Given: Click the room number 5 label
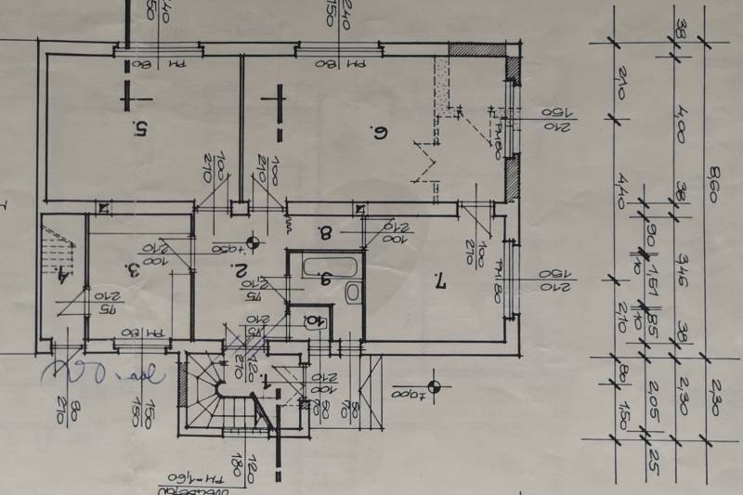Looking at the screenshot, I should [x=139, y=129].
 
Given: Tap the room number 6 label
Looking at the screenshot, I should [x=378, y=132].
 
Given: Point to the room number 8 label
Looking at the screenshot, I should [x=325, y=232].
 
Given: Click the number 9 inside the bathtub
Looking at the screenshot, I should [x=325, y=277].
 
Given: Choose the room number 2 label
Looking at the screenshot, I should [x=240, y=272].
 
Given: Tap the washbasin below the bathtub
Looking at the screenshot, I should [x=352, y=294].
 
